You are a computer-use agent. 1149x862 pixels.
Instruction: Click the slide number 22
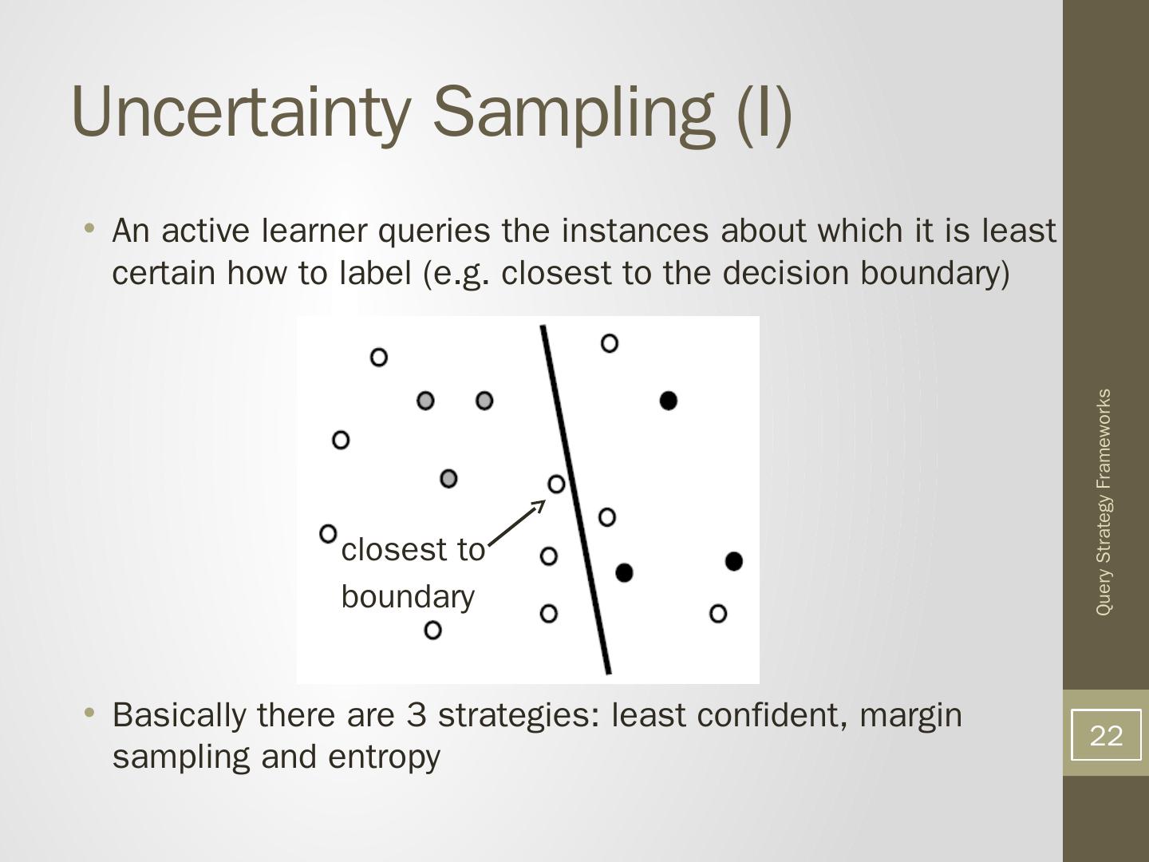point(1106,735)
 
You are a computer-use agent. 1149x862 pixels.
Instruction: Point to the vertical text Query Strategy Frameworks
point(1104,502)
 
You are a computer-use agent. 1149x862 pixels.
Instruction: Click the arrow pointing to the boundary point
point(516,523)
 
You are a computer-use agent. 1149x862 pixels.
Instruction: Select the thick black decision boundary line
point(576,500)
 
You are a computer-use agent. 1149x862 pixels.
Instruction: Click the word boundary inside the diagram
point(408,597)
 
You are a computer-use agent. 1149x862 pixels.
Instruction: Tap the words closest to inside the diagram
point(413,550)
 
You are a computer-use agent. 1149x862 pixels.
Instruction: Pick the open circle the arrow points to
point(556,484)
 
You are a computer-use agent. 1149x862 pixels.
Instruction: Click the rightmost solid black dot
point(734,562)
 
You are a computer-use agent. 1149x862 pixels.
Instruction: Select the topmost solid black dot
point(669,401)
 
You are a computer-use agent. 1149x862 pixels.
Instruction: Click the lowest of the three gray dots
point(448,478)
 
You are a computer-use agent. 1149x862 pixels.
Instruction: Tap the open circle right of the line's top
point(610,343)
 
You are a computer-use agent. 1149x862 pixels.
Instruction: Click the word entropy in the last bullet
point(385,758)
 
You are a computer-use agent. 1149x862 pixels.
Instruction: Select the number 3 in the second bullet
point(417,715)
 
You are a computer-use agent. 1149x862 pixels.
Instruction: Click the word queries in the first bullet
point(434,231)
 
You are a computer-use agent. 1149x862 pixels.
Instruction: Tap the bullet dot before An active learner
point(89,228)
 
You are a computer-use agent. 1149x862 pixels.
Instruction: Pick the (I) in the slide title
point(764,115)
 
